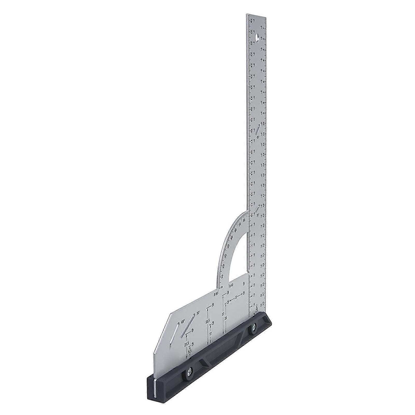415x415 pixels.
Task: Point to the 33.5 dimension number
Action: (x=207, y=322)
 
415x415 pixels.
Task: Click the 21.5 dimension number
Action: (x=186, y=345)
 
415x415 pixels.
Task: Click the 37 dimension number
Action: (x=223, y=314)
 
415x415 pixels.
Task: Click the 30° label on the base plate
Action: (x=198, y=313)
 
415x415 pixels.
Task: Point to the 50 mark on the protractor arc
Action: (x=232, y=237)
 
